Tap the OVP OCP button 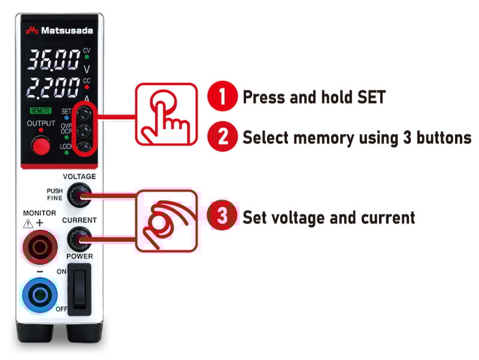point(84,129)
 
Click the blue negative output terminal point(40,294)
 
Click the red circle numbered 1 point(222,97)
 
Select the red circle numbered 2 point(222,137)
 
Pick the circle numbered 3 point(222,216)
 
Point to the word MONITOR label point(40,213)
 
